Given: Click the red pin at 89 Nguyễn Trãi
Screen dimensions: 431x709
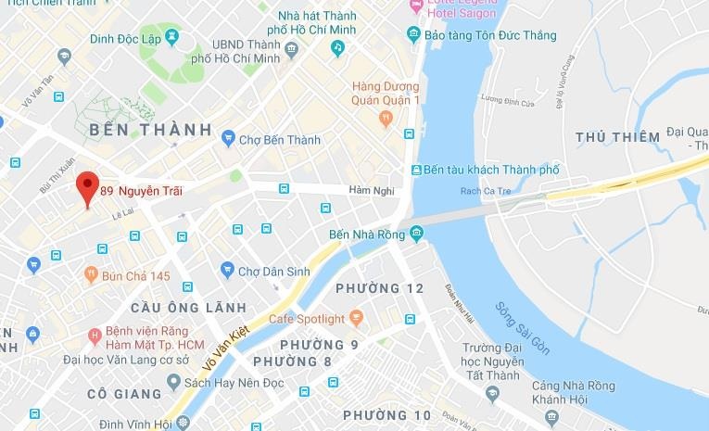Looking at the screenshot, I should [x=87, y=185].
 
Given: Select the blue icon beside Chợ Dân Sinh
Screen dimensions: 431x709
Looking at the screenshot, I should [x=227, y=271].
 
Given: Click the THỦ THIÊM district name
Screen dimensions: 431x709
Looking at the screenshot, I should [x=617, y=137].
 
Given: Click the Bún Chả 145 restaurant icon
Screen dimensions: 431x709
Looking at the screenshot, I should [x=91, y=275].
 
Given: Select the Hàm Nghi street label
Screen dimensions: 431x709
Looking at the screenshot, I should [x=372, y=191].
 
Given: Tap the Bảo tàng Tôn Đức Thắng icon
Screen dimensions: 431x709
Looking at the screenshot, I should [x=413, y=35].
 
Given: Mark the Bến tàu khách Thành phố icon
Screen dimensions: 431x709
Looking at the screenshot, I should [x=417, y=171].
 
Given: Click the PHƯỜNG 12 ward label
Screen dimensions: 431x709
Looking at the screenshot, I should [x=380, y=288].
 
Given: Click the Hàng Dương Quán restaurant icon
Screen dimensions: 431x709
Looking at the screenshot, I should [x=386, y=118].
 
